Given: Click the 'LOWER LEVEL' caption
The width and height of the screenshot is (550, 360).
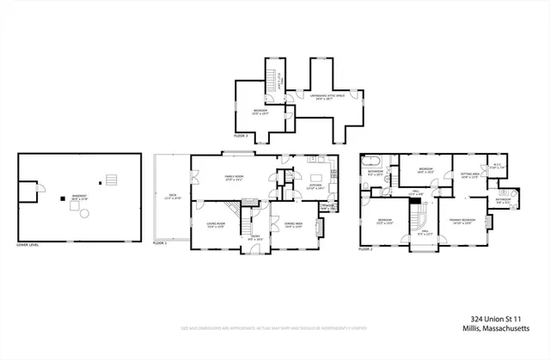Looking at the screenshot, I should [31, 245].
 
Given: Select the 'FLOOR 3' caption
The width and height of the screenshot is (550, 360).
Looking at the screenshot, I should [241, 135].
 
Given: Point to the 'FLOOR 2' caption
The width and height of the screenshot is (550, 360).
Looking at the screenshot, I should [367, 248].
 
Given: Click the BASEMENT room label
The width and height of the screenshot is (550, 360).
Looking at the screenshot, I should [80, 196].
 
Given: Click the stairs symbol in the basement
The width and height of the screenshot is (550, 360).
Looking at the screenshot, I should [108, 181].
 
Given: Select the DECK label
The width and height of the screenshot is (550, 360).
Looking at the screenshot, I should [172, 197].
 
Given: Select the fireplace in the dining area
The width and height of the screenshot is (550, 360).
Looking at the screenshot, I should [320, 228].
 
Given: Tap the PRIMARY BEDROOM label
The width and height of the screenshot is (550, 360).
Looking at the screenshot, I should [461, 220].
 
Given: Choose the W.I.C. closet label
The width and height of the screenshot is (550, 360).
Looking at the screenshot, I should [496, 166].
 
